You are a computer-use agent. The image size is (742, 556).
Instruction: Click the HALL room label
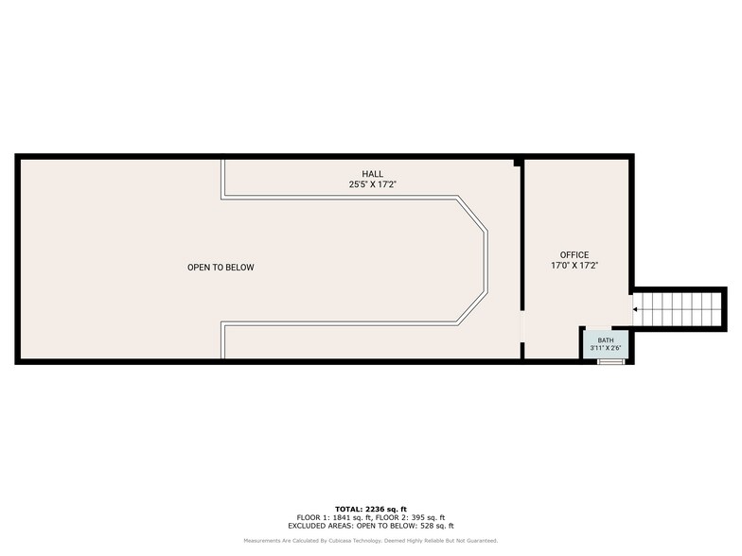pos(372,174)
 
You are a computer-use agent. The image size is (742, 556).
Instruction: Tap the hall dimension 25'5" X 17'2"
pos(372,185)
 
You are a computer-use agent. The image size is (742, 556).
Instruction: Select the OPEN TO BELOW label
pos(221,268)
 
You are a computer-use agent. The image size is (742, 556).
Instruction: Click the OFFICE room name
pos(574,255)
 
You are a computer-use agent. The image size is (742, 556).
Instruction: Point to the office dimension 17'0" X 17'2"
pos(574,267)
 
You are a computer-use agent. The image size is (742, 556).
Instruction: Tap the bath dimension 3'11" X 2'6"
pos(605,349)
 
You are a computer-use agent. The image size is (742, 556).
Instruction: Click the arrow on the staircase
pos(637,309)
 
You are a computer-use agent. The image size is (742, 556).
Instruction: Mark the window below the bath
pos(611,361)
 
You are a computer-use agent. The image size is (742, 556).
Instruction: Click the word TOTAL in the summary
pos(346,510)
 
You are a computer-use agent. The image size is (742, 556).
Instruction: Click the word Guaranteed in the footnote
pos(479,541)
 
